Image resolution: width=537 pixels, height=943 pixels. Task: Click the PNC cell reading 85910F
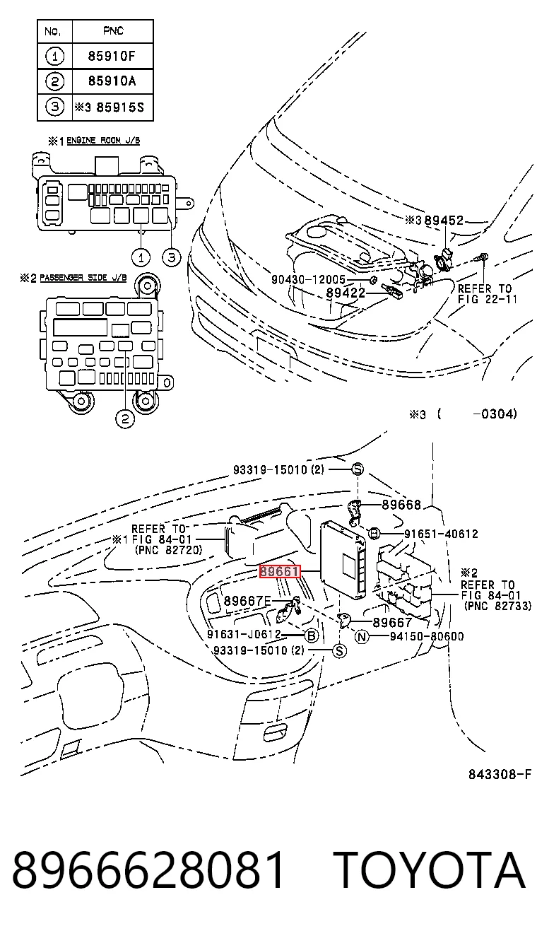pos(112,56)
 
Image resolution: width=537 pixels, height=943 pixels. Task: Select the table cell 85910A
pos(112,81)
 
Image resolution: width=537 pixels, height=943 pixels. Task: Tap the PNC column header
pos(113,30)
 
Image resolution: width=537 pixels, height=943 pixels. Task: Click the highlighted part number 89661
pos(280,571)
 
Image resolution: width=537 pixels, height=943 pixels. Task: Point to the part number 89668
pos(401,504)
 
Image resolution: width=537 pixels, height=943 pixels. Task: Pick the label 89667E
pos(247,601)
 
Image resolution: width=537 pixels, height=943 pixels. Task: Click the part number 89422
pos(346,293)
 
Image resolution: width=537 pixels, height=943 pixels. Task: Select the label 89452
pos(444,220)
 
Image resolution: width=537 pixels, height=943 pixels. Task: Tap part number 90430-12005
pos(308,279)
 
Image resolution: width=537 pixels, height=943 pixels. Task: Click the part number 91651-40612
pos(441,534)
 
